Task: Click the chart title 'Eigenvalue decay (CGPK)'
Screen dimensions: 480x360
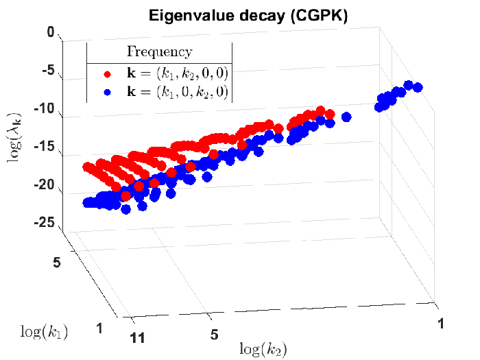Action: coord(248,16)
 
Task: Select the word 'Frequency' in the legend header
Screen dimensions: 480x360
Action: coord(160,52)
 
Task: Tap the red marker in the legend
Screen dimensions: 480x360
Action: coord(107,74)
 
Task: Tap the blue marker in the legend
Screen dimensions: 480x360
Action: coord(107,92)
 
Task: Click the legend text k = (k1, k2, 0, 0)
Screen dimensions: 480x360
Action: coord(178,73)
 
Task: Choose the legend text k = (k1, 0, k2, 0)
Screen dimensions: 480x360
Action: coord(178,92)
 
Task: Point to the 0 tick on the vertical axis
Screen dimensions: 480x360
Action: coord(51,32)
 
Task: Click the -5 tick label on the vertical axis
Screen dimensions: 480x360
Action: coord(48,71)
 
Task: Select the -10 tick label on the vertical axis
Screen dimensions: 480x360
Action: coord(45,108)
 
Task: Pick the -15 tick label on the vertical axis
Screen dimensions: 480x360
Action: coord(45,146)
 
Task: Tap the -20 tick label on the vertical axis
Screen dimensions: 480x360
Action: coord(45,184)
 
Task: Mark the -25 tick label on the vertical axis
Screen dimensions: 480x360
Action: coord(45,223)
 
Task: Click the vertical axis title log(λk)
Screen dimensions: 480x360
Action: coord(14,137)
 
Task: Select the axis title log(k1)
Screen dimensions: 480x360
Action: coord(44,332)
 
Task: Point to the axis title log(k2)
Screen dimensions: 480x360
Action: coord(263,349)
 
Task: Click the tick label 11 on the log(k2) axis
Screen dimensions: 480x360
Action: coord(137,339)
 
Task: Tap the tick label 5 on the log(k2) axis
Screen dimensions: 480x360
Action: coord(214,335)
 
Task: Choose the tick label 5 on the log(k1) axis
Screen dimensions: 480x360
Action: coord(57,263)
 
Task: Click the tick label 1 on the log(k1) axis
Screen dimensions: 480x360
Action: coord(99,328)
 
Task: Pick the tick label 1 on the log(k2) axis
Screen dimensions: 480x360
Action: coord(441,324)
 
